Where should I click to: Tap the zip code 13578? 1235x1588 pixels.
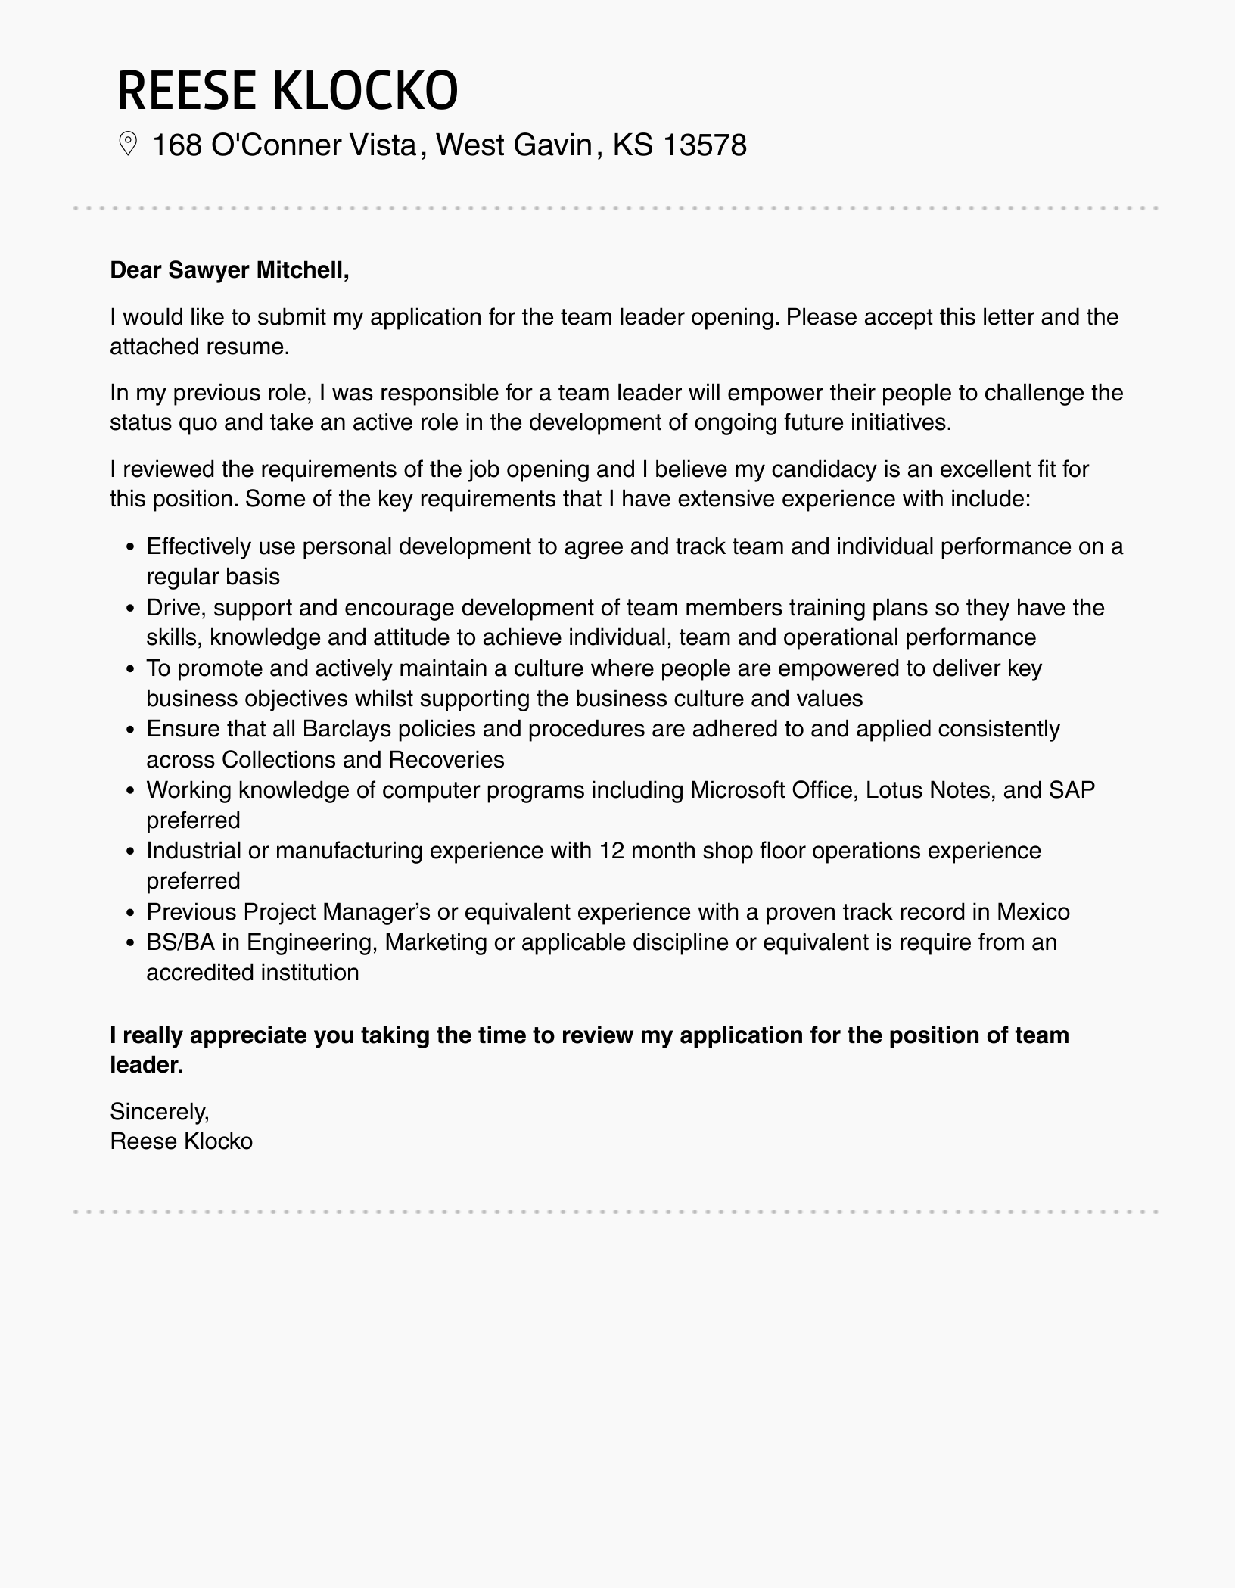[x=704, y=145]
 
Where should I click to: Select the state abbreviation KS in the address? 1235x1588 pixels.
[x=632, y=145]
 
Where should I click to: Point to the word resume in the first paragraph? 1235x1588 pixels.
[x=250, y=347]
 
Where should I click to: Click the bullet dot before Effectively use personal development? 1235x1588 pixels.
[x=130, y=547]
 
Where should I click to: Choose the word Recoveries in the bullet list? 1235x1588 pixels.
[x=446, y=759]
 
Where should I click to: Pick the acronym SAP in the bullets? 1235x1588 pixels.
[x=1072, y=790]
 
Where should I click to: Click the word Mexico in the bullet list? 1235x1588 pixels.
[x=1033, y=911]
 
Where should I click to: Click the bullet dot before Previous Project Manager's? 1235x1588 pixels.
[x=130, y=913]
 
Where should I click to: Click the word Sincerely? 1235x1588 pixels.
[x=159, y=1111]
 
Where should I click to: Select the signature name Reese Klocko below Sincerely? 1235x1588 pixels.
[x=181, y=1141]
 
